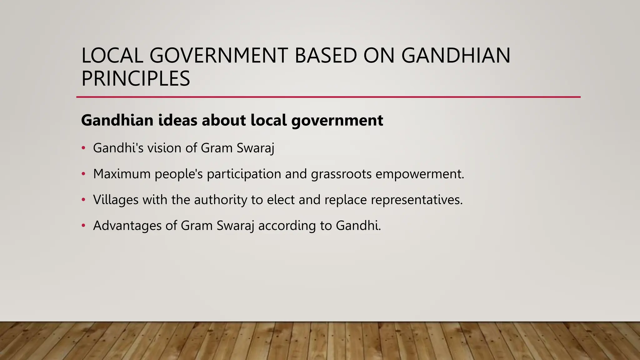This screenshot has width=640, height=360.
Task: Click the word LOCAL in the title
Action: pos(112,56)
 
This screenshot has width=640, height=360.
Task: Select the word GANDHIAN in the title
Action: pos(456,56)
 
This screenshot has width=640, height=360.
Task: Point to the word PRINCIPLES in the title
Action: pos(136,78)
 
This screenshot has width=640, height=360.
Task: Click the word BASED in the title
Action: pos(325,56)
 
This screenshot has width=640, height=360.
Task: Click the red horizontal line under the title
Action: pos(328,97)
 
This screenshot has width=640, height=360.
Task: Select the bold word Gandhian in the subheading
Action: pos(117,120)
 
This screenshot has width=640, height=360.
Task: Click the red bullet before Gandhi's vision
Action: pos(83,148)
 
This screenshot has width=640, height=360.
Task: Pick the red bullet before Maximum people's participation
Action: pos(83,174)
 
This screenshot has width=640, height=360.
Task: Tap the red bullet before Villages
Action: pos(83,200)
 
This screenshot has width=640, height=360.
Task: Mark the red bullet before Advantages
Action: pos(83,226)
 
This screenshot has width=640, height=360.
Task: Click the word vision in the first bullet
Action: pos(164,148)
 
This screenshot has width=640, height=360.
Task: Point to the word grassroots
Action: pos(341,174)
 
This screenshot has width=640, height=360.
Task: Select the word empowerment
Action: pos(420,174)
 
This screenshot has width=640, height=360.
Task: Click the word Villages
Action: pos(116,200)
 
